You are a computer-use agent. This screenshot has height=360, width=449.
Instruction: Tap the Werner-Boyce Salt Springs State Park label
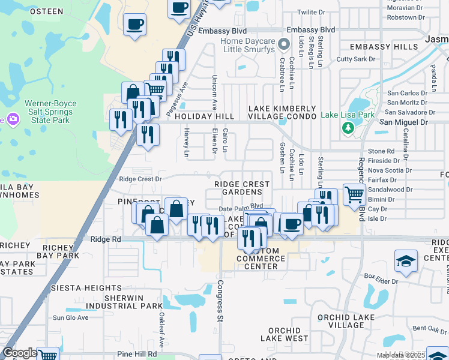coord(50,112)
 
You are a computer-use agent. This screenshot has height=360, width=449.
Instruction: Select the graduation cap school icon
coord(406,262)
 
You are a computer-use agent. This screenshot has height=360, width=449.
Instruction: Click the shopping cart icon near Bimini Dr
coord(355,194)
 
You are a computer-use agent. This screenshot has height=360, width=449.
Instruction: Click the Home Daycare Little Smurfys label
coord(247,46)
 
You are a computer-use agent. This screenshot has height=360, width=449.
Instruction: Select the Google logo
coord(20,353)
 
